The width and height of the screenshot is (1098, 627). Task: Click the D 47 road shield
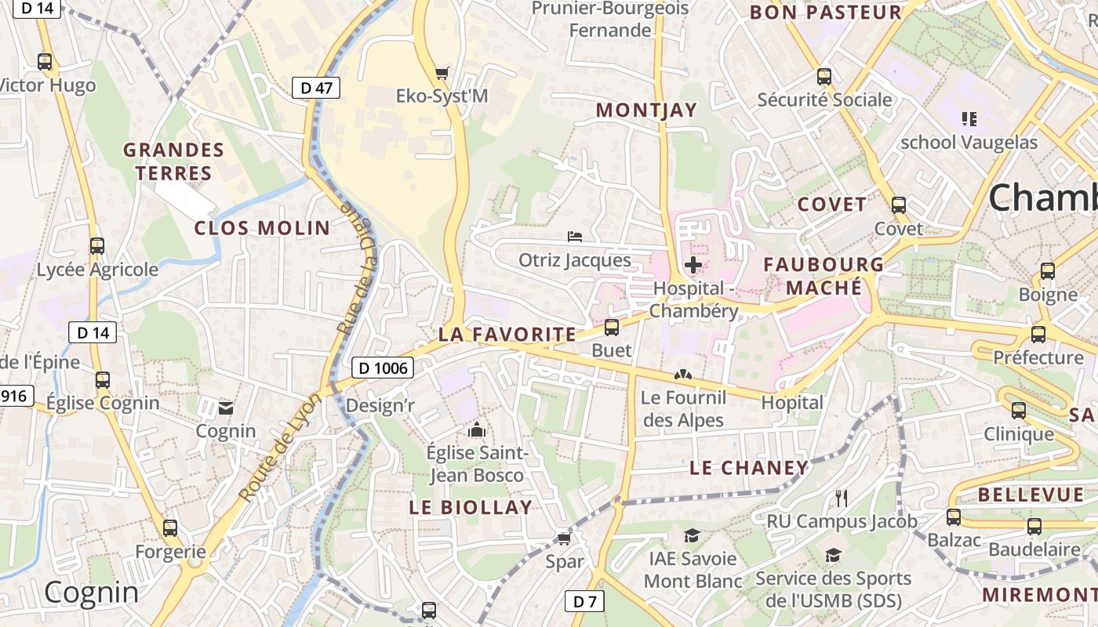click(316, 88)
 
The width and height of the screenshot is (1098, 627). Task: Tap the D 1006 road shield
click(382, 367)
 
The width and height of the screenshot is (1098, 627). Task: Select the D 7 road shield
click(585, 602)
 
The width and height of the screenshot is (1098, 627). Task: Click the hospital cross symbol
click(693, 265)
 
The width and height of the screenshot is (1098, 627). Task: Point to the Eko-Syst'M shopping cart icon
click(442, 73)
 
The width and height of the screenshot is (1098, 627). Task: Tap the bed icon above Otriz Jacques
click(575, 236)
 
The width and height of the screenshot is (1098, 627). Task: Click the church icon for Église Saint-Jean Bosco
click(476, 429)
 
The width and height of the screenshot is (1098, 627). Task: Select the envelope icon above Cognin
click(226, 408)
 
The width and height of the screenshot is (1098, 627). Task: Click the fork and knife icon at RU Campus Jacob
click(842, 498)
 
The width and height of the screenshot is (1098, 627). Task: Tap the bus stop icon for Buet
click(612, 327)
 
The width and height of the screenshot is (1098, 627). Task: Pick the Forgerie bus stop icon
click(170, 528)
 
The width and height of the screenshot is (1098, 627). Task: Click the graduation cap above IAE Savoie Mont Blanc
click(692, 535)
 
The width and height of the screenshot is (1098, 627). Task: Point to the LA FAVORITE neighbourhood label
click(507, 335)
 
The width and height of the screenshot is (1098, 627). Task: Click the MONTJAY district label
click(646, 111)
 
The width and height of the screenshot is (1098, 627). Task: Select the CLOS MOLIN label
click(262, 228)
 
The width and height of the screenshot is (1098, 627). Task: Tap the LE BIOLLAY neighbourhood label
click(471, 507)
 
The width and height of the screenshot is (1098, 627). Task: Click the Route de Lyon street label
click(280, 448)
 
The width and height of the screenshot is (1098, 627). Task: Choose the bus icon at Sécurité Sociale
click(824, 77)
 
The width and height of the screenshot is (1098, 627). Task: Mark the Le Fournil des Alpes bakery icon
click(682, 375)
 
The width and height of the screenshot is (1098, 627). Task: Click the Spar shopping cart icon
click(564, 538)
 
